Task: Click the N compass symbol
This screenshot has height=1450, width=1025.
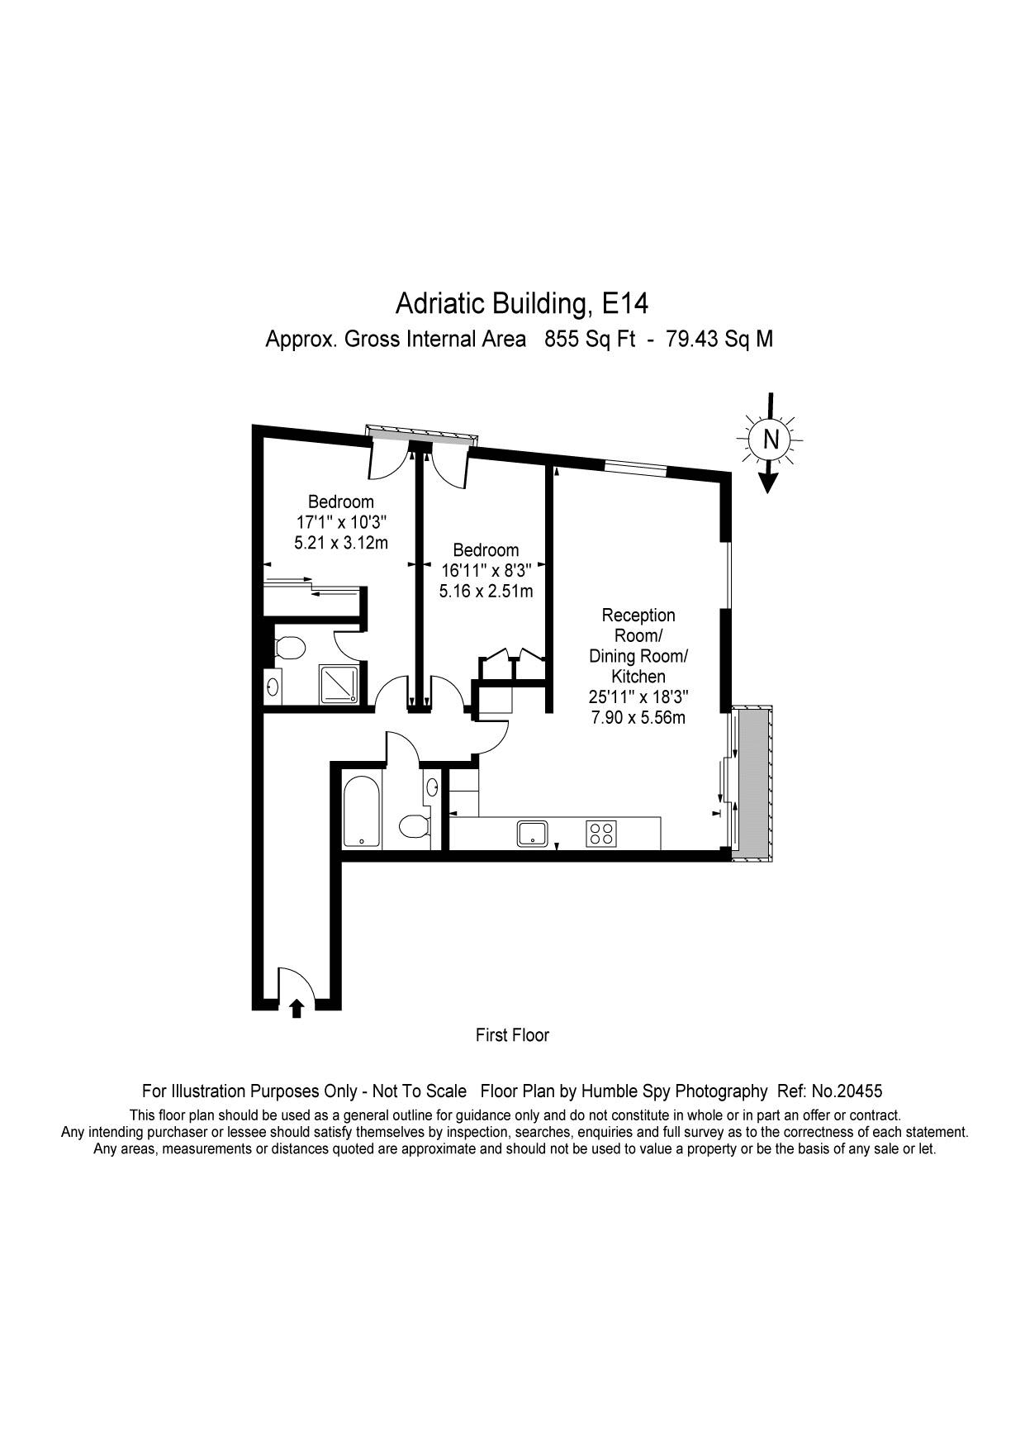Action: (770, 440)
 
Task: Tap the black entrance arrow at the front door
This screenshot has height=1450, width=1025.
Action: (297, 1008)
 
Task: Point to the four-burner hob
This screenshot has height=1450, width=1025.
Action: (600, 833)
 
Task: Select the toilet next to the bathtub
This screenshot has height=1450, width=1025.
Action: (415, 825)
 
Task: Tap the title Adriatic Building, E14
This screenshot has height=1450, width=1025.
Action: (522, 303)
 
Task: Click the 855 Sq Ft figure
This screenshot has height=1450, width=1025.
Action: (590, 339)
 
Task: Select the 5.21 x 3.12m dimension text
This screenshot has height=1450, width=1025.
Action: (341, 543)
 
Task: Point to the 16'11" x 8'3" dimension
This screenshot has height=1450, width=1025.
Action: (486, 570)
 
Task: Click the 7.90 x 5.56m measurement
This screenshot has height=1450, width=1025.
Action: (638, 717)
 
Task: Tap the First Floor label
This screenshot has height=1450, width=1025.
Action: (512, 1034)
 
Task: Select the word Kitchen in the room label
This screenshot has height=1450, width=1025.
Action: (638, 677)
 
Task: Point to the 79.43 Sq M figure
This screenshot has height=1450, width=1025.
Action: (719, 339)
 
